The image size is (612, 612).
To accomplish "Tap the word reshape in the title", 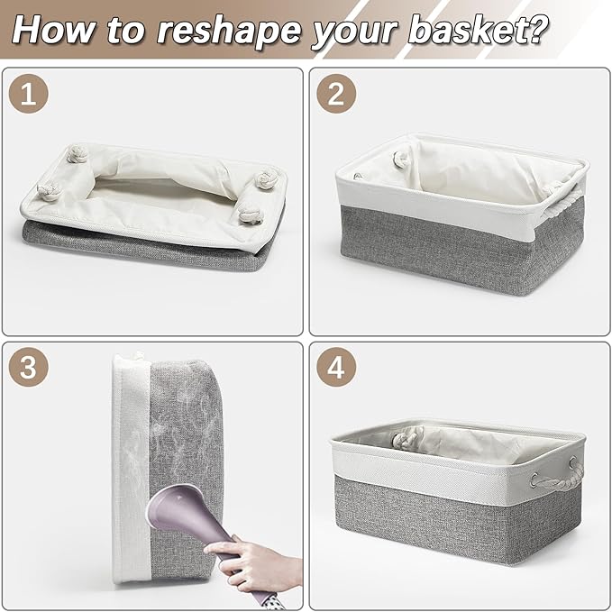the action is click(x=229, y=31).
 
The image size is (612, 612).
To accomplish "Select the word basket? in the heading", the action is click(x=478, y=29).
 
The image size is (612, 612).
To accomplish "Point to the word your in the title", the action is click(x=354, y=33).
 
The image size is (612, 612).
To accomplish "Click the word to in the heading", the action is click(x=126, y=32).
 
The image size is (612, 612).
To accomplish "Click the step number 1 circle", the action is click(x=29, y=94).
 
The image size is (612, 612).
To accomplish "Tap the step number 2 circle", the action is click(x=336, y=94).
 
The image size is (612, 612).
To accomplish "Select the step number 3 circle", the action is click(x=29, y=367).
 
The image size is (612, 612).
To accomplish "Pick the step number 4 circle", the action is click(x=336, y=367).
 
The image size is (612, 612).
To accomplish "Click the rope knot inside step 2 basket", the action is click(x=401, y=160).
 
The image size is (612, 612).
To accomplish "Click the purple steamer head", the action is click(x=184, y=507).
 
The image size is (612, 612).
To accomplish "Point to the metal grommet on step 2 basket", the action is click(x=358, y=177).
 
